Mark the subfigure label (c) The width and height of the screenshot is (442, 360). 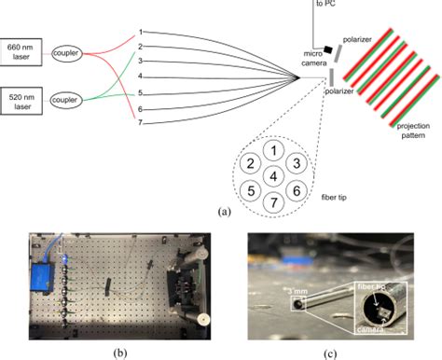pos(331,353)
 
